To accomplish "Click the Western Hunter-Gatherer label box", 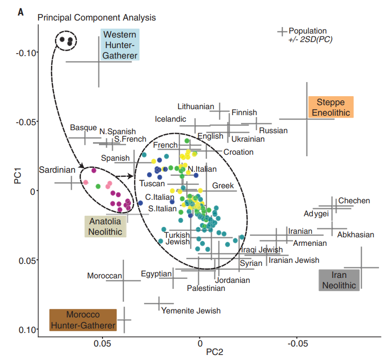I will (x=120, y=45).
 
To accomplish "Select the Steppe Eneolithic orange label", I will (x=331, y=107).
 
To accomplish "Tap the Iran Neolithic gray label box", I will (x=339, y=280).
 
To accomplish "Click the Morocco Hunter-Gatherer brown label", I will (x=83, y=320).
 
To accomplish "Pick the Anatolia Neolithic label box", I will (x=105, y=226).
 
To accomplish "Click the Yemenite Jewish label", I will (x=190, y=310).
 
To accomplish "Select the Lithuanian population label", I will (x=195, y=106).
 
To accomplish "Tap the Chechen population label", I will (x=354, y=201).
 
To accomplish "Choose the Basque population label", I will (x=83, y=128).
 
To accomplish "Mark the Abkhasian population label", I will (x=356, y=234).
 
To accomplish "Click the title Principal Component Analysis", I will (x=97, y=18).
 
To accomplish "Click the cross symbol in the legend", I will (x=283, y=32).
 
